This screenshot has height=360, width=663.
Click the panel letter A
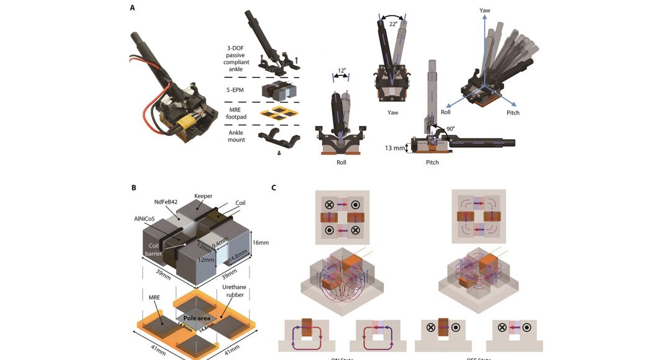(132, 7)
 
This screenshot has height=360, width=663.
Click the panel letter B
(132, 187)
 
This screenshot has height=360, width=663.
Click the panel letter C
(276, 187)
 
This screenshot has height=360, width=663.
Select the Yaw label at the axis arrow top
(485, 11)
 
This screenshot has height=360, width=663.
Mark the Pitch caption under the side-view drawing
(432, 163)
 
